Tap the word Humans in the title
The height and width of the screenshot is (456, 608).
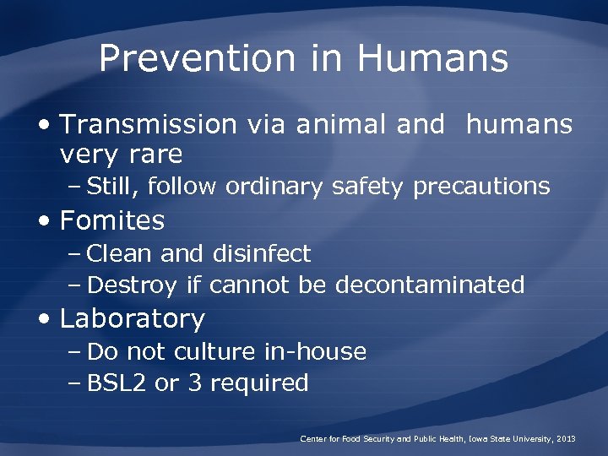(432, 59)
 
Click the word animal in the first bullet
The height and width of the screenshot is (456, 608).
(333, 125)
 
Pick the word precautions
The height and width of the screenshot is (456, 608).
(481, 187)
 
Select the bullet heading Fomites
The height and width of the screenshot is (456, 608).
(112, 221)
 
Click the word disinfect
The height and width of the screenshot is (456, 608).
(262, 253)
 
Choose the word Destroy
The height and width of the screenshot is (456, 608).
(132, 285)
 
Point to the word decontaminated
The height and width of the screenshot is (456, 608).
(430, 285)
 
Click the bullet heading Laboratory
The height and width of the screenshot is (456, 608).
(133, 319)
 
